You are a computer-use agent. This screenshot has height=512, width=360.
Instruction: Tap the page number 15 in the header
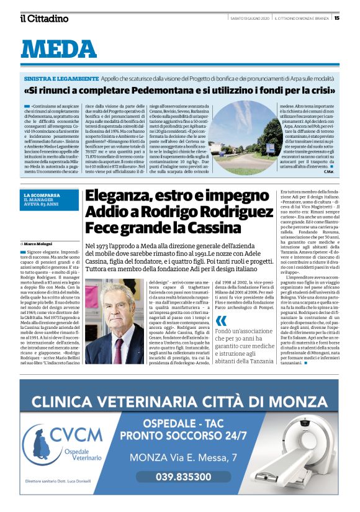336,17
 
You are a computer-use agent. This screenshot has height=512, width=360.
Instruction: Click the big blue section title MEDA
59,49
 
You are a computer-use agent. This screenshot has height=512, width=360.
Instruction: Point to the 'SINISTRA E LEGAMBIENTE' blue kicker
61,79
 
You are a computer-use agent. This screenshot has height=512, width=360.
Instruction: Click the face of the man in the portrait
114,314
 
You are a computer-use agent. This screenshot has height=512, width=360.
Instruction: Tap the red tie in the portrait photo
117,351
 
